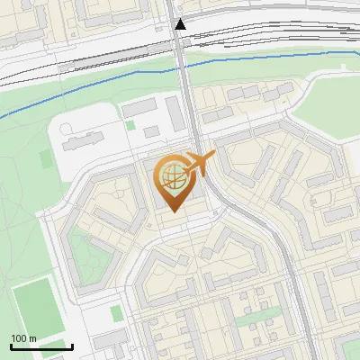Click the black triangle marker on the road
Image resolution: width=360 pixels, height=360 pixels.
(181, 24)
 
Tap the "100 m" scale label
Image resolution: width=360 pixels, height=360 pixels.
(23, 338)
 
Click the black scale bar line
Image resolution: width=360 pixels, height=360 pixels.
(41, 346)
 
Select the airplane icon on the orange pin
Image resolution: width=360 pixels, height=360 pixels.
(197, 164)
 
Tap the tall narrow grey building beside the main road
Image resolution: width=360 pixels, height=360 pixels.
(174, 113)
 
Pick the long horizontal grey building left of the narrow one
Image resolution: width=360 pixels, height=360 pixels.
(140, 107)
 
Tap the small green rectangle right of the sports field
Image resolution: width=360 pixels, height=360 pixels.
(115, 313)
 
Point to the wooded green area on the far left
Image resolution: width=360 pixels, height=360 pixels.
(22, 180)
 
